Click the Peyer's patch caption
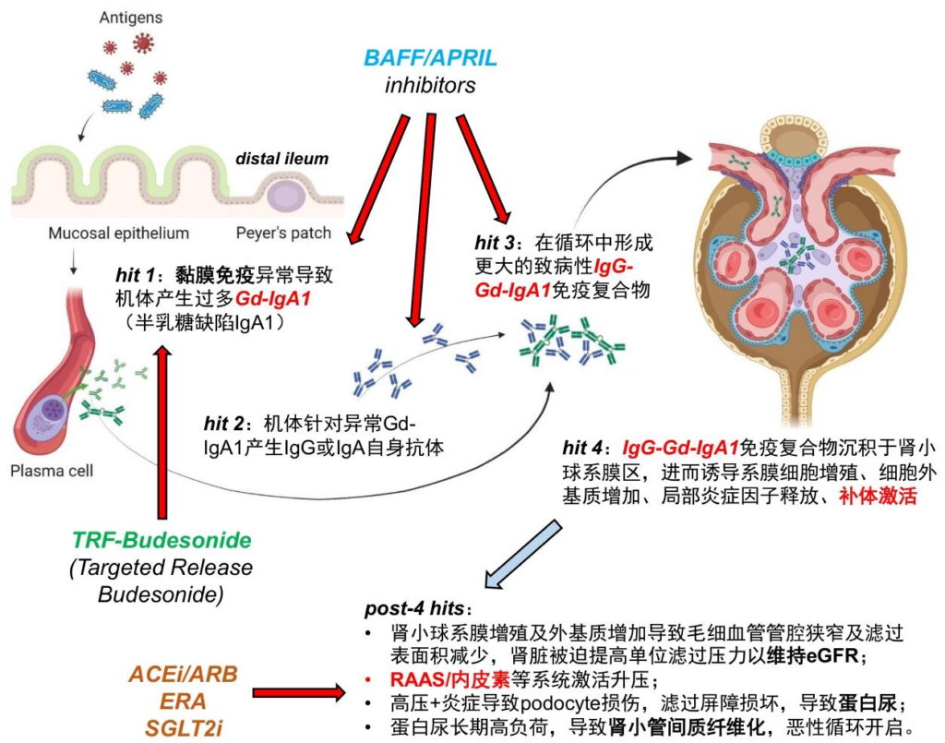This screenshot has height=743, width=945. coord(285,233)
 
